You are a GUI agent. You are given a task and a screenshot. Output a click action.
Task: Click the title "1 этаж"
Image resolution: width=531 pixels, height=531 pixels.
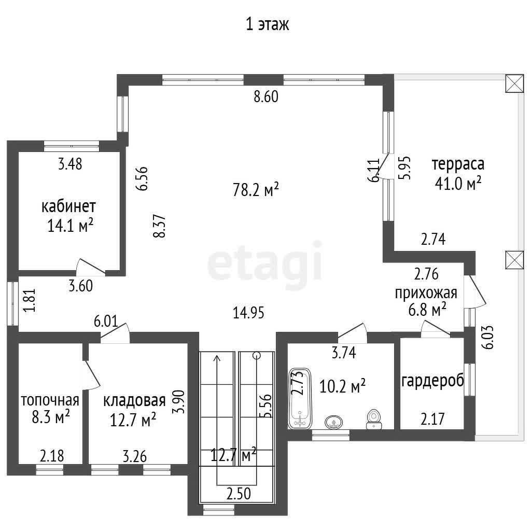point(267,25)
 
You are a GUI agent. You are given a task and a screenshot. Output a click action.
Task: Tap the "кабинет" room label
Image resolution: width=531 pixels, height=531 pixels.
point(69,206)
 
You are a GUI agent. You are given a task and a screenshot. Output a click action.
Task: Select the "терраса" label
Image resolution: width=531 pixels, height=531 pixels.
point(458,164)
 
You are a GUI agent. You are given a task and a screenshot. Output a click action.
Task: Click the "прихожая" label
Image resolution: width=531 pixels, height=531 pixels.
point(426,294)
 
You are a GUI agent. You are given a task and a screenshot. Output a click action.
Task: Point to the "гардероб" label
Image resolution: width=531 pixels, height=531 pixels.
point(432,381)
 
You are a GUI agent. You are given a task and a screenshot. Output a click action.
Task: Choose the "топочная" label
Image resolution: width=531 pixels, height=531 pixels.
point(50,401)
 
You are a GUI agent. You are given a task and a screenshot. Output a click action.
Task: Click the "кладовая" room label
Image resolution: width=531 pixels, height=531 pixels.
point(134,401)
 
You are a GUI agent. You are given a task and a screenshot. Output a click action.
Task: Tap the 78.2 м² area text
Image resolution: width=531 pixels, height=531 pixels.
point(256,189)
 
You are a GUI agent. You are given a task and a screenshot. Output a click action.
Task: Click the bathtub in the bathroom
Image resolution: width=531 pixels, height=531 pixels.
point(300,398)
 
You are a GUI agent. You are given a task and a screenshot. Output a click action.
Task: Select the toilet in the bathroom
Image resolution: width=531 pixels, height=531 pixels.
point(373,420)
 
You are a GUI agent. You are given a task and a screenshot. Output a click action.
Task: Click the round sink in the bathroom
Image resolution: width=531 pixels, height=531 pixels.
point(334,422)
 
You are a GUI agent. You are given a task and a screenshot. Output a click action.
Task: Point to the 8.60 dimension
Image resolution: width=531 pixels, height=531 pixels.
point(266,96)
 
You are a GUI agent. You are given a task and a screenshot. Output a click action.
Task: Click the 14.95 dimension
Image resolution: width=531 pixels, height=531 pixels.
point(248,313)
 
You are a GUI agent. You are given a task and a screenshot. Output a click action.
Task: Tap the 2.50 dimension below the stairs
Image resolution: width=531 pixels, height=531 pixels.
point(239,494)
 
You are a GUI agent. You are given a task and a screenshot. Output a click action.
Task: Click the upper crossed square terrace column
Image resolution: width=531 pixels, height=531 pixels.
point(515,83)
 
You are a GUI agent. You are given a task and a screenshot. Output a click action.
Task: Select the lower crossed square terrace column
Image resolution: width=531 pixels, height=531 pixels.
point(515,260)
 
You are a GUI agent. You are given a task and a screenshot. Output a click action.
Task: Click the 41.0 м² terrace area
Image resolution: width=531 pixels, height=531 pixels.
point(458,184)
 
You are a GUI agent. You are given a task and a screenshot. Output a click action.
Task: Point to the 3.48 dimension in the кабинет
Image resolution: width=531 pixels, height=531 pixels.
point(70,164)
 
